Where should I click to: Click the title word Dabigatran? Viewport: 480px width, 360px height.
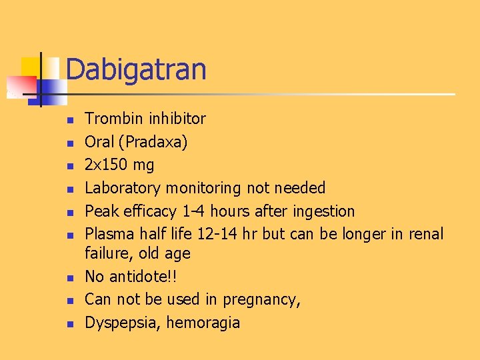click(x=136, y=69)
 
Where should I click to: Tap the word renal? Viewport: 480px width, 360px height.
click(x=425, y=234)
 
